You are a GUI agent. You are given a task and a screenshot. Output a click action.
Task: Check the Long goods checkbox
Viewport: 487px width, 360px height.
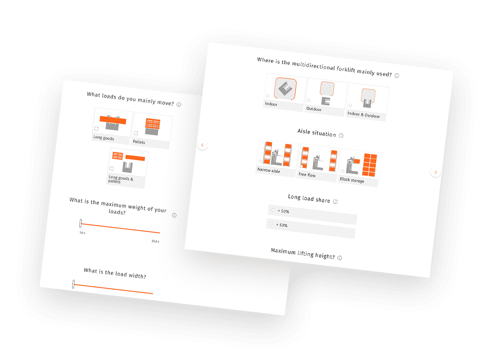click(96, 128)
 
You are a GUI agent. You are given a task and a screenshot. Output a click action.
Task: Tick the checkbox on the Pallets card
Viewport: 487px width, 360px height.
click(136, 133)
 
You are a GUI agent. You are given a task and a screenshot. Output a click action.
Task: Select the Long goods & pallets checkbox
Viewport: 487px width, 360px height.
click(112, 169)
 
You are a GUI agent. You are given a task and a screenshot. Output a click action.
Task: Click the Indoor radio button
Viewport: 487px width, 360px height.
click(268, 95)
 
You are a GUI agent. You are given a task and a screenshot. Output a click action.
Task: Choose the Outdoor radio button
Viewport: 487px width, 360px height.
click(309, 100)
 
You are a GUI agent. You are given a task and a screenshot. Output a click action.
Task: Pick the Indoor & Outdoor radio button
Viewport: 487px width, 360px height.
click(350, 105)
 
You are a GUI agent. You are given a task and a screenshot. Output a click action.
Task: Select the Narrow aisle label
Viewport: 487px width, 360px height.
click(269, 170)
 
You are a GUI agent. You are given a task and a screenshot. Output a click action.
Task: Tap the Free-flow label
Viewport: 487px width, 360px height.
click(307, 175)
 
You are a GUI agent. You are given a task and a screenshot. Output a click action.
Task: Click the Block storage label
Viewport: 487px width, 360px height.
click(352, 180)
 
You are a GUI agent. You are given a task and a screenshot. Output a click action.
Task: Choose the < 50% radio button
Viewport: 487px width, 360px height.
click(273, 210)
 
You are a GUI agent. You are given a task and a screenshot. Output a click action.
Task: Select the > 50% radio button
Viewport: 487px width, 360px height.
click(272, 224)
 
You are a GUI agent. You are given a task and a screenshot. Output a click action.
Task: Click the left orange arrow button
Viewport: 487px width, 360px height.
click(203, 145)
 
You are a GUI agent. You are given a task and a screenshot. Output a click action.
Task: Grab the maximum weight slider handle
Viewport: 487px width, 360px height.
click(81, 223)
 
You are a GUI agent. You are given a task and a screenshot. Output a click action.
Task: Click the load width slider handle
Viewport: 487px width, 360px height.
click(73, 284)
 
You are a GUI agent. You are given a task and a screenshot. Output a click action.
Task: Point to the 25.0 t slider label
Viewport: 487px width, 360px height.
click(155, 241)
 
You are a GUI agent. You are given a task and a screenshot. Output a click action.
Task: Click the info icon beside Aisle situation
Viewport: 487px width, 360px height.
click(341, 135)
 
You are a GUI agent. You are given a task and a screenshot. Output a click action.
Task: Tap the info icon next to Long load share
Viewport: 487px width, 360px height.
click(335, 202)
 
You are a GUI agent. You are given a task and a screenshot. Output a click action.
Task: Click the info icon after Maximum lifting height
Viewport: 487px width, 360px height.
click(339, 258)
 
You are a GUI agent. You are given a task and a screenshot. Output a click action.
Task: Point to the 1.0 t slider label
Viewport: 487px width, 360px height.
click(82, 232)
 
